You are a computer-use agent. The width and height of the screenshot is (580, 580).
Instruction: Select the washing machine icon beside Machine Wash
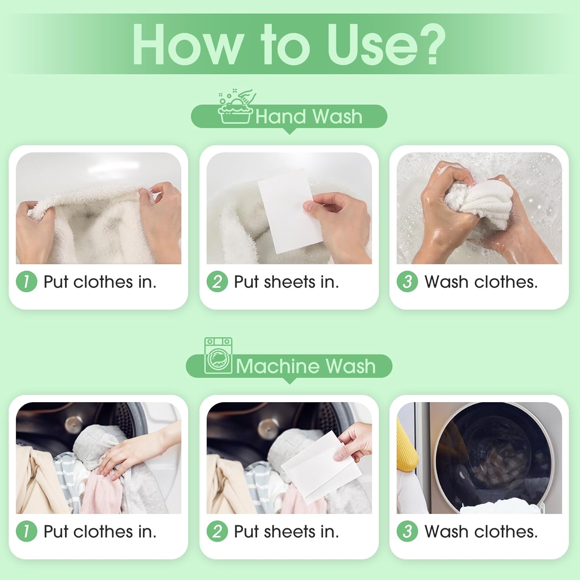(x=218, y=356)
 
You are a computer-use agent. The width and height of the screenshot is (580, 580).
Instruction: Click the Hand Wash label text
(x=309, y=116)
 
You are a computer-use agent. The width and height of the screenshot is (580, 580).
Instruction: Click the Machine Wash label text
(x=305, y=366)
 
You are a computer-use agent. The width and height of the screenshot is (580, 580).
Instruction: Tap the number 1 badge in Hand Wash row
(x=26, y=281)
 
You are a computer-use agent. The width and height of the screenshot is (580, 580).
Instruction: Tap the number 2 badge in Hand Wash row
(x=217, y=281)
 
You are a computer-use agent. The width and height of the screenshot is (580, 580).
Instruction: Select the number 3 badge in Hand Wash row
(x=407, y=281)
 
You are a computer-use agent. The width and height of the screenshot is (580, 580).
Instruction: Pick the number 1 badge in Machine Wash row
(x=26, y=531)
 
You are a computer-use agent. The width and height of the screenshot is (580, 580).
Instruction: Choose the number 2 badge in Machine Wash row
(x=217, y=531)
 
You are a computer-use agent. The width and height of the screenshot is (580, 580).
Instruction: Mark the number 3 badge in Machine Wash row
(x=407, y=531)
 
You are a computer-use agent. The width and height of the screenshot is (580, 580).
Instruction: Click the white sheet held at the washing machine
(x=321, y=468)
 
